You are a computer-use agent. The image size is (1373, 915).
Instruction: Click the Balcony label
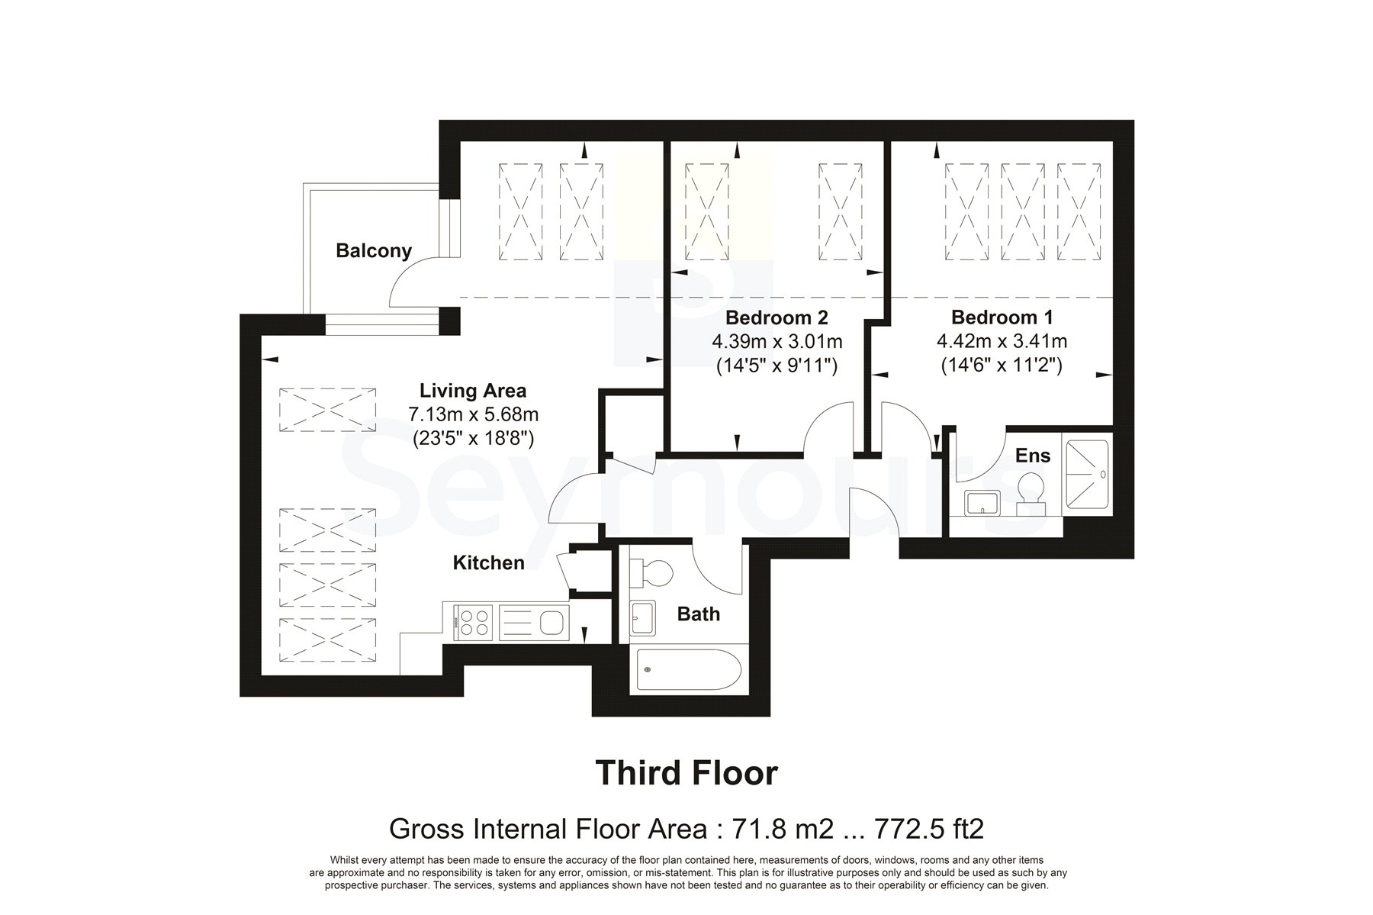(374, 251)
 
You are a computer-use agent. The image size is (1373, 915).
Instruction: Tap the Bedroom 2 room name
(777, 317)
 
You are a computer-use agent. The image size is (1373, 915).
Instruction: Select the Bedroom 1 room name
(1002, 317)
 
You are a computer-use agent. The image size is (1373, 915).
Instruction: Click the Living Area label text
(473, 391)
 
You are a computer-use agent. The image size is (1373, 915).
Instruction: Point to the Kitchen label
(489, 563)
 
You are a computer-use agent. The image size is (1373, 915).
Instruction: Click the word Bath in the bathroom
(699, 614)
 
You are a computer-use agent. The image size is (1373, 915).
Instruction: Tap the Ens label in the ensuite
(1033, 456)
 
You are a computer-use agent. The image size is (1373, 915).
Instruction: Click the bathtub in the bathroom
(685, 670)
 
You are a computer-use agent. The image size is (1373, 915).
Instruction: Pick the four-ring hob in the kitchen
(473, 621)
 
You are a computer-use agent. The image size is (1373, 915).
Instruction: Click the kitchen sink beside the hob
(534, 622)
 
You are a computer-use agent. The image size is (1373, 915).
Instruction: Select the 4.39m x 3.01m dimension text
(777, 341)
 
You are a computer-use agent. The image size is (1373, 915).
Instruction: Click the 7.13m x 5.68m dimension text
(473, 414)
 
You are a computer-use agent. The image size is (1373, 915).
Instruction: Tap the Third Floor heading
(686, 772)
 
